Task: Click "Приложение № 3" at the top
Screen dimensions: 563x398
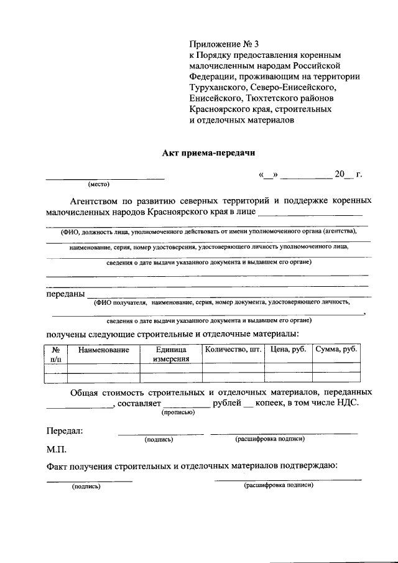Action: pyautogui.click(x=223, y=44)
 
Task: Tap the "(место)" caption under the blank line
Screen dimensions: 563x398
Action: pyautogui.click(x=98, y=185)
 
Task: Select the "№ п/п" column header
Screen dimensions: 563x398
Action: pyautogui.click(x=55, y=354)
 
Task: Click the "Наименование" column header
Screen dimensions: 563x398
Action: pyautogui.click(x=103, y=350)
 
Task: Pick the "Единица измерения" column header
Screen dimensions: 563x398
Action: pyautogui.click(x=171, y=354)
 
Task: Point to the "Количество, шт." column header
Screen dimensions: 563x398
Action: pyautogui.click(x=233, y=350)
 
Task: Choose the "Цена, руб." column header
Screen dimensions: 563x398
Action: pyautogui.click(x=288, y=350)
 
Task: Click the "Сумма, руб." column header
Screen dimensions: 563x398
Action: pyautogui.click(x=336, y=350)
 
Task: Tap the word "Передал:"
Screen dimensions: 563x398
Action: pyautogui.click(x=65, y=430)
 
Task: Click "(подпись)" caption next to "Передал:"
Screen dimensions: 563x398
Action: pyautogui.click(x=159, y=439)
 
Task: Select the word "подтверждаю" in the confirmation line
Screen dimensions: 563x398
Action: pyautogui.click(x=303, y=466)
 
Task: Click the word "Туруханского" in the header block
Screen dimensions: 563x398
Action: pyautogui.click(x=219, y=87)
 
